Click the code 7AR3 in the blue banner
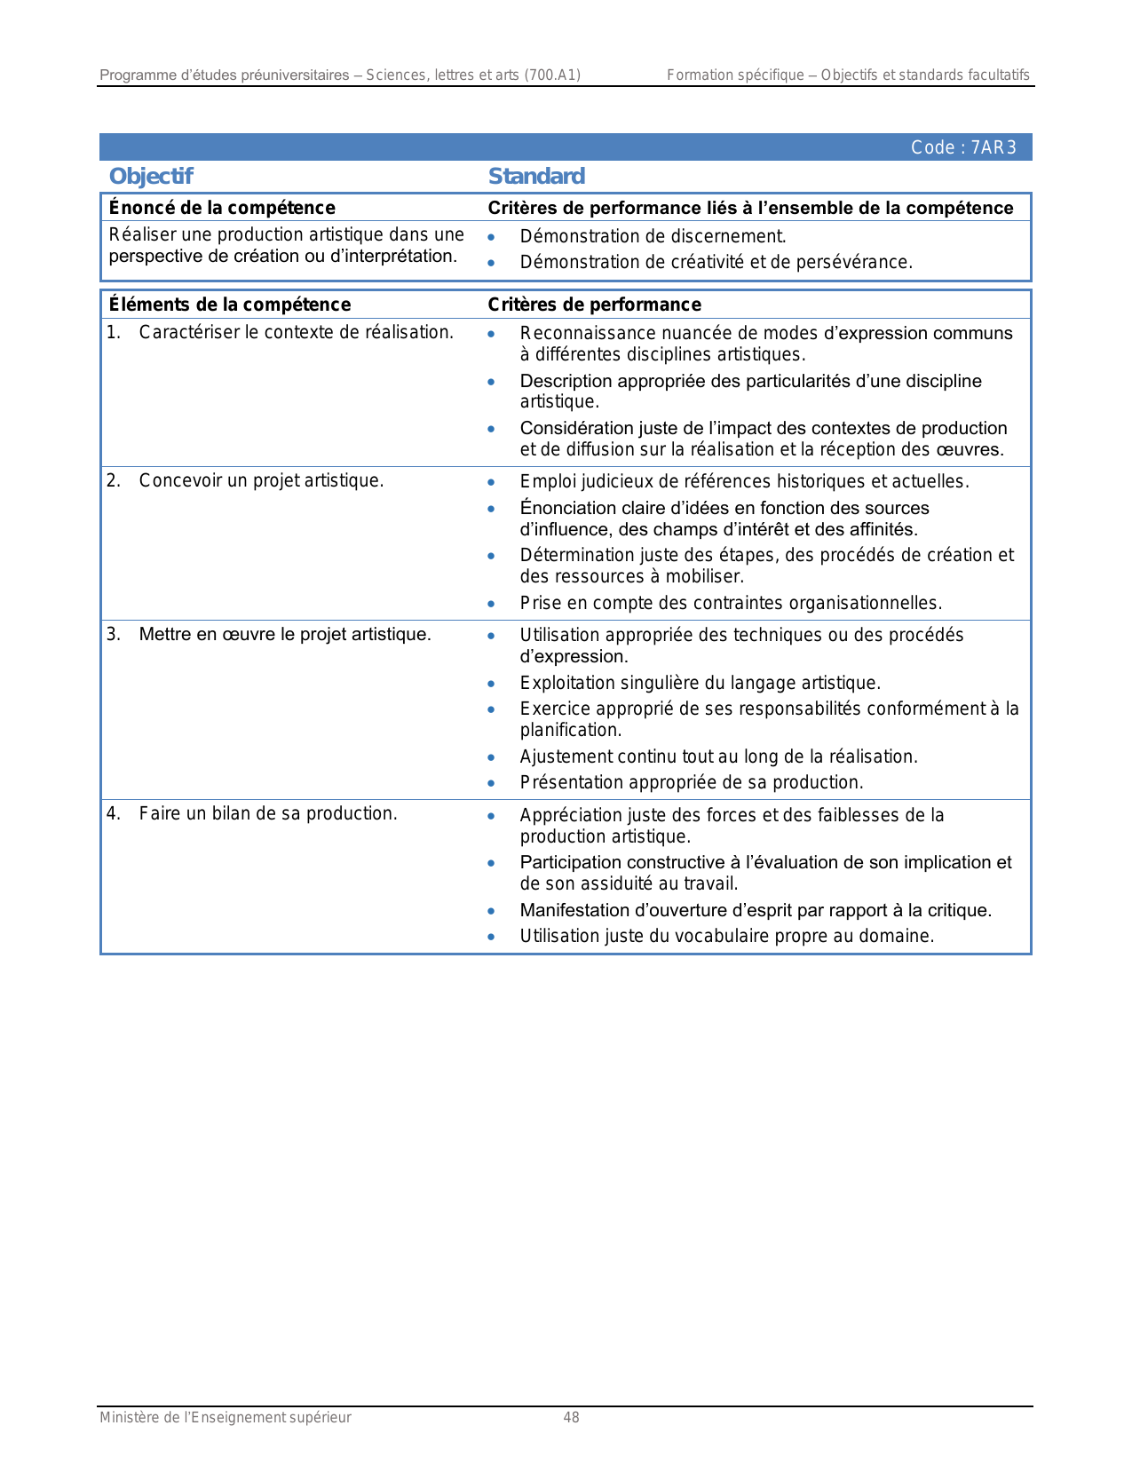pos(993,147)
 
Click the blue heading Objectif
pos(151,176)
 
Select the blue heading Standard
pos(536,176)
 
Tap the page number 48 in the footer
pos(571,1418)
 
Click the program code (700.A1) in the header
pos(552,75)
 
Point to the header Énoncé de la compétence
pos(222,208)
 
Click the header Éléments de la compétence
pos(230,305)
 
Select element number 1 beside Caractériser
pos(113,332)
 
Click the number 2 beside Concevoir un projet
pos(113,480)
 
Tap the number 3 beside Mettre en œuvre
pos(113,634)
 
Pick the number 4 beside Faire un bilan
pos(113,813)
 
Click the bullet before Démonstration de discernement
pos(491,237)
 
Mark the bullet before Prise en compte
pos(491,604)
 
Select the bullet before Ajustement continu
pos(491,757)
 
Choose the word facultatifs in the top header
pos(999,75)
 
